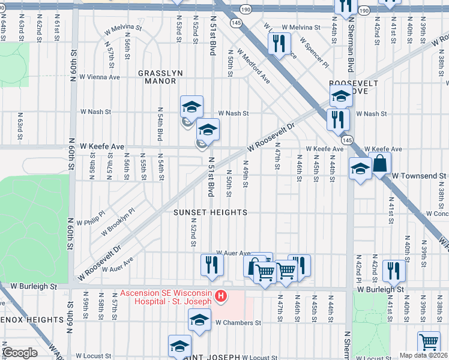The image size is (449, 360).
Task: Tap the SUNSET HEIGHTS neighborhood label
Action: click(x=210, y=213)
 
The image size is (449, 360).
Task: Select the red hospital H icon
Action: click(x=221, y=296)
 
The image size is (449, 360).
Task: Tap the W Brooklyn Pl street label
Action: click(x=118, y=222)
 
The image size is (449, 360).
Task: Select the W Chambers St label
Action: click(x=238, y=322)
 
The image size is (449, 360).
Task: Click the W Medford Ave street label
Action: click(x=253, y=67)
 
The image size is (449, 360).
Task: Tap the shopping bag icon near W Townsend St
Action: click(x=380, y=163)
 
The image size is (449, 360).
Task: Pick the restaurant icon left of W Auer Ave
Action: click(x=212, y=265)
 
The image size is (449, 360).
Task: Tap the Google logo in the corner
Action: click(x=20, y=353)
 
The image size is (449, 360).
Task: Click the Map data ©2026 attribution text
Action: click(x=424, y=355)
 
